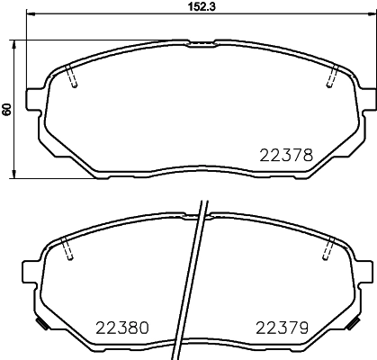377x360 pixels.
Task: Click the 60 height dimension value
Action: pos(8,108)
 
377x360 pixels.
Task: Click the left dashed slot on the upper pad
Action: pos(74,78)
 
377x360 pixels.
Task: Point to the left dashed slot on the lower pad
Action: pos(68,248)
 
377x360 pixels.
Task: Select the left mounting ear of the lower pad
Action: pos(29,268)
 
